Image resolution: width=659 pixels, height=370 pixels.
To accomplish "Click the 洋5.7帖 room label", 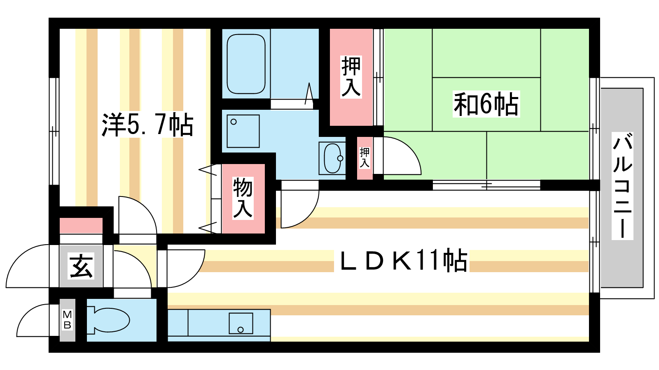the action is (x=147, y=125).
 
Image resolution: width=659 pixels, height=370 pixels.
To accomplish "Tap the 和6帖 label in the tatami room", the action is (x=486, y=104).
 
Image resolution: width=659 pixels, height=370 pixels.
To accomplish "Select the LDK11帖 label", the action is (x=403, y=260).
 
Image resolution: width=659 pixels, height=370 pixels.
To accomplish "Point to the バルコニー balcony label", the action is (x=622, y=185).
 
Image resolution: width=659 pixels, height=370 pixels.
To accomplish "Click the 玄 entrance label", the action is (x=81, y=266).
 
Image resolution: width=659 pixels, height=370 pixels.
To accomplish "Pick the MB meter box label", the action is (x=68, y=320).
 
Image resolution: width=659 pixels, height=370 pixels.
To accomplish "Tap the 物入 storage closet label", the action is (x=243, y=198).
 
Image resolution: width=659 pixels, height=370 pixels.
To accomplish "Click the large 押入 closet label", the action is (x=351, y=76).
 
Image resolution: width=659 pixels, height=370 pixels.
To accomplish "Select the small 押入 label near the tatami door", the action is (x=365, y=158).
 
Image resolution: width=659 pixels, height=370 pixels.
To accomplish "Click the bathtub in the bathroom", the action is (x=246, y=64).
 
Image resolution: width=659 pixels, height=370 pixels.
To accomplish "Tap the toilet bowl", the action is (x=108, y=320).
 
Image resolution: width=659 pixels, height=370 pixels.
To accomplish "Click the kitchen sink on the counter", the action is (x=241, y=323).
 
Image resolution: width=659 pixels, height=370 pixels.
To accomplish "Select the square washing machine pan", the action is (x=243, y=131).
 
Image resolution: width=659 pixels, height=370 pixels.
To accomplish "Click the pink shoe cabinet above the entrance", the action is (x=81, y=226).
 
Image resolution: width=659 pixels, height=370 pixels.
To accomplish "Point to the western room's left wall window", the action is (x=54, y=131).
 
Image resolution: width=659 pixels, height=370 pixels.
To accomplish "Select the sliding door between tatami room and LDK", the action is (x=486, y=185).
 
